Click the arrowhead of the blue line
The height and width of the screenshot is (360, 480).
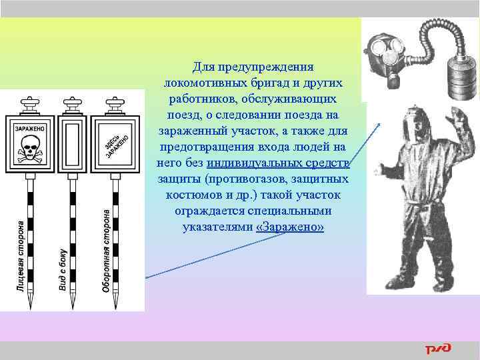(x=381, y=123)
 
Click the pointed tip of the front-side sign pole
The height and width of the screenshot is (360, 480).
(x=30, y=306)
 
